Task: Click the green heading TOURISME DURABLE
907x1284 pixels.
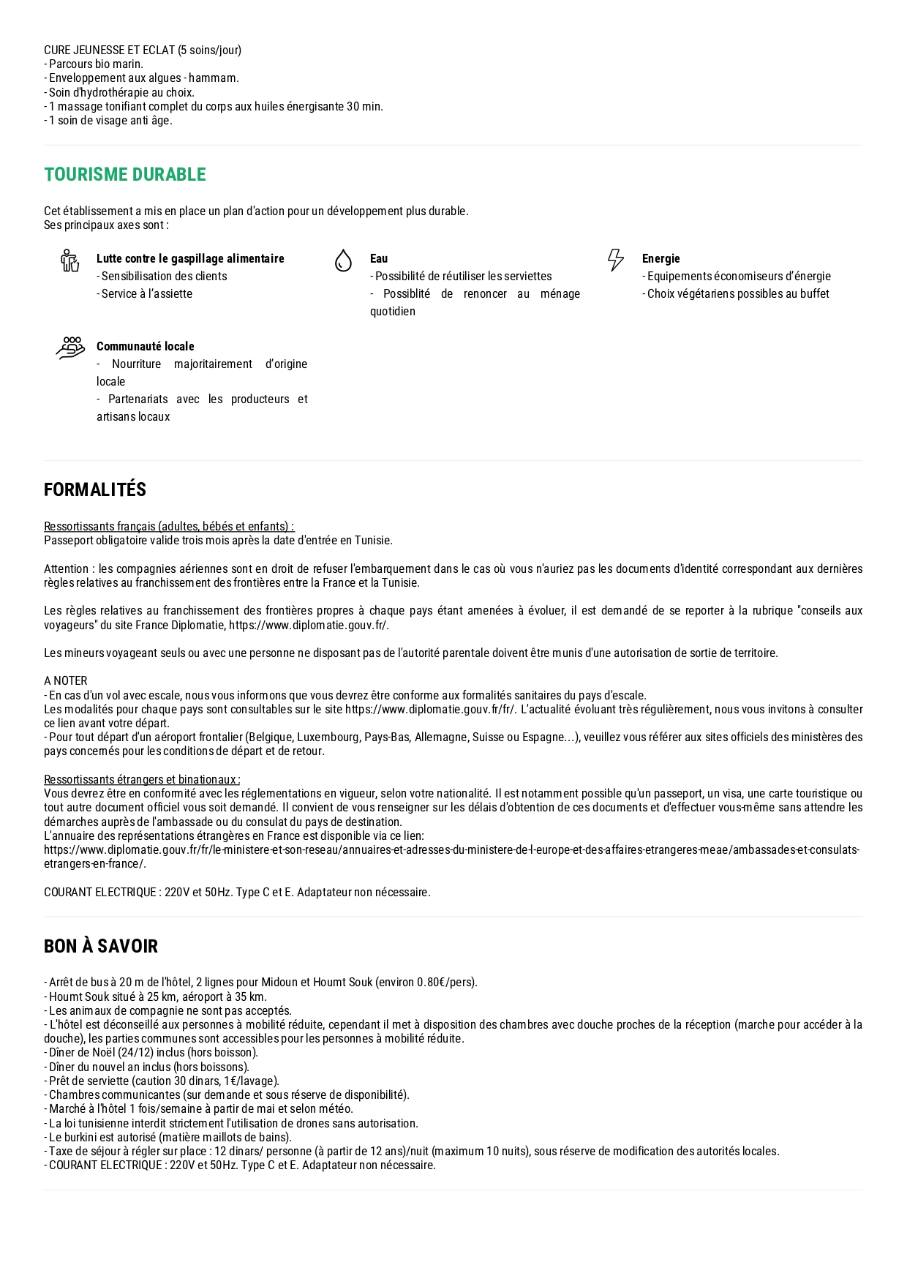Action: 125,175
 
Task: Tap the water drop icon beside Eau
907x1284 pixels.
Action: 343,260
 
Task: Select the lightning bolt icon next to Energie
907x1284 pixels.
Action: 616,260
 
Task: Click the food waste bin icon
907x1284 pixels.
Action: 70,260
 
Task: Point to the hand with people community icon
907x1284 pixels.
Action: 70,348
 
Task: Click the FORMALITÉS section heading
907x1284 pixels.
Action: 95,490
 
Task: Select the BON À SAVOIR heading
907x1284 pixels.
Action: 101,947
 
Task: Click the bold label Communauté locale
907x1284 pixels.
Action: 146,347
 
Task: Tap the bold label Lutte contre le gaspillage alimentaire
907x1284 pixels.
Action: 190,259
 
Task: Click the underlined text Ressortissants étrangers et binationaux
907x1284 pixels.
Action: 142,780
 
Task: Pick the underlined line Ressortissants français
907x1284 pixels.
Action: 169,527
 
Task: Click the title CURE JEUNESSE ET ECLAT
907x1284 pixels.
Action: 143,50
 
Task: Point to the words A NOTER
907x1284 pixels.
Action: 66,681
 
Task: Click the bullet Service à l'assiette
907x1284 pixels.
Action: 145,294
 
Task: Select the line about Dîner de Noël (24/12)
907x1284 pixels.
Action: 151,1053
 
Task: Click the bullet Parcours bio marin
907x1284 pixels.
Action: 94,64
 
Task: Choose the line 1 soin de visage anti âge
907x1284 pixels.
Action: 108,121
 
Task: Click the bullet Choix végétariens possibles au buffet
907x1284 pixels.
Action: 736,294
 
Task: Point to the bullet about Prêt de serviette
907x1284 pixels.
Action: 162,1081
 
